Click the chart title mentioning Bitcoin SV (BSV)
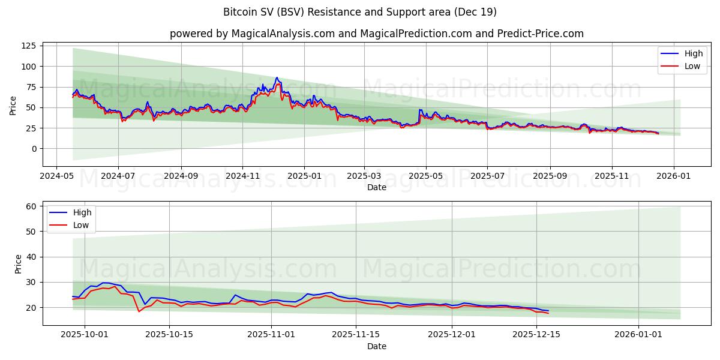point(359,12)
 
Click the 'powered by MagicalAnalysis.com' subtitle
point(376,34)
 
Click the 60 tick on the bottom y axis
point(32,206)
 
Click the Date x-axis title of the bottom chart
point(376,346)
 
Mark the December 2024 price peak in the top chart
point(277,78)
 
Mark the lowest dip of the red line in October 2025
point(139,311)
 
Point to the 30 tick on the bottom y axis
point(32,282)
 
